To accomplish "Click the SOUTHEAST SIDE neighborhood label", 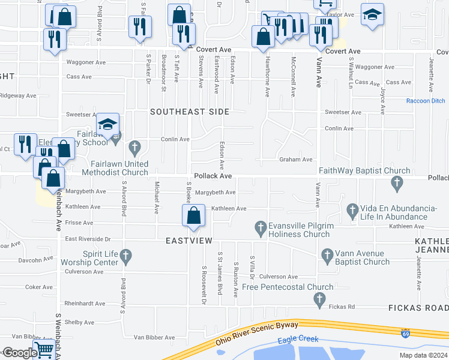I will coord(190,112).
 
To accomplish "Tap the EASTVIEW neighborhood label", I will coord(189,240).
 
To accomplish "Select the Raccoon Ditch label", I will coord(426,101).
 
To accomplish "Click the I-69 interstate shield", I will coord(407,331).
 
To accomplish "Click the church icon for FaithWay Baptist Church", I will coord(396,182).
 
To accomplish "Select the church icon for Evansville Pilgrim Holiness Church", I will coord(261,227).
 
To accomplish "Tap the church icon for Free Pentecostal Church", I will coord(320,299).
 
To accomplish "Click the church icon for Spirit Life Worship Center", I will coord(125,257).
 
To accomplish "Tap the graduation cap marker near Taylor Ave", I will coord(372,15).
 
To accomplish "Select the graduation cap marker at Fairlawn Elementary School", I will coord(108,125).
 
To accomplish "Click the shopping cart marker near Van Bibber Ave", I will coord(43,349).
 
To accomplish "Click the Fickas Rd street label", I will coord(342,307).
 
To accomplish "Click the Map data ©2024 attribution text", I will coord(423,355).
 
